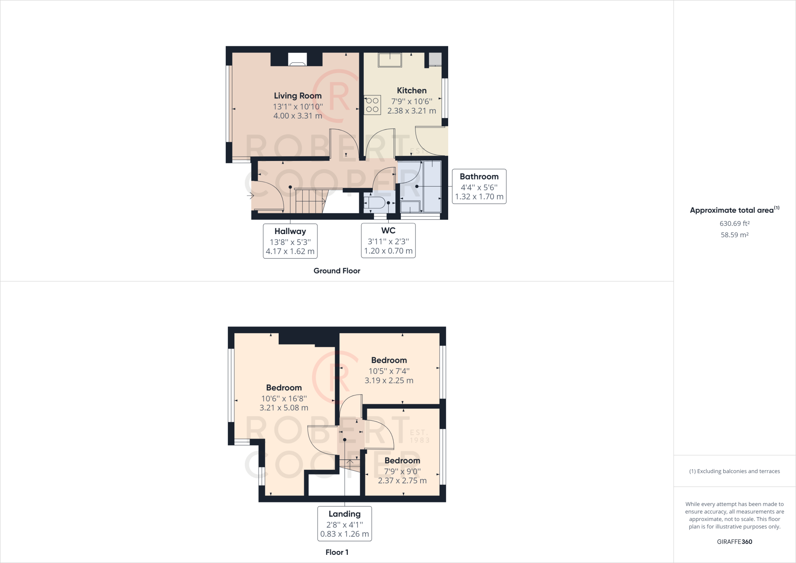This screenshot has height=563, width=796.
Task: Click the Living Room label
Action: pyautogui.click(x=298, y=96)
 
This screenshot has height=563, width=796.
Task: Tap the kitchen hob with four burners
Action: pyautogui.click(x=372, y=105)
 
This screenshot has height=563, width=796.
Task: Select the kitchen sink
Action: pyautogui.click(x=390, y=60)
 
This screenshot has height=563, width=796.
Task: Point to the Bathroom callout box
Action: pyautogui.click(x=479, y=186)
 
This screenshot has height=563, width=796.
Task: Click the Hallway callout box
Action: pyautogui.click(x=290, y=241)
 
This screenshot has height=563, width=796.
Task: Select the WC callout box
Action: pyautogui.click(x=388, y=240)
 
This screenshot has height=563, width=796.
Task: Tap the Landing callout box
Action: pyautogui.click(x=344, y=523)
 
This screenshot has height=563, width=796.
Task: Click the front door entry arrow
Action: pyautogui.click(x=250, y=196)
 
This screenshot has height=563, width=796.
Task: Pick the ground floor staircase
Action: pyautogui.click(x=309, y=201)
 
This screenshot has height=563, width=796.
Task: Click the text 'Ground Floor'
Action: pyautogui.click(x=337, y=271)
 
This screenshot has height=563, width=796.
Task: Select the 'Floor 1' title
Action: pyautogui.click(x=337, y=552)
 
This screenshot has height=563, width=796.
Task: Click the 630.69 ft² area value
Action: pyautogui.click(x=735, y=224)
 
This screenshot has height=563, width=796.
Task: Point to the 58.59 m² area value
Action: pyautogui.click(x=735, y=235)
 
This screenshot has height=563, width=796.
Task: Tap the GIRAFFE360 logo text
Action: pyautogui.click(x=735, y=542)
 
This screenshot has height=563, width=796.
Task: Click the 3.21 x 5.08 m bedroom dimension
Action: pyautogui.click(x=284, y=408)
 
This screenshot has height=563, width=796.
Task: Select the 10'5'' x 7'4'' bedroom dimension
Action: pyautogui.click(x=389, y=371)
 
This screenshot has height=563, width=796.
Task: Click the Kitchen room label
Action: pyautogui.click(x=412, y=91)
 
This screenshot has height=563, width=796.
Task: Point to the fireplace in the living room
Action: pyautogui.click(x=297, y=60)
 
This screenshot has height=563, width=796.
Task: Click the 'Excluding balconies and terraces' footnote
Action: pyautogui.click(x=735, y=471)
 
